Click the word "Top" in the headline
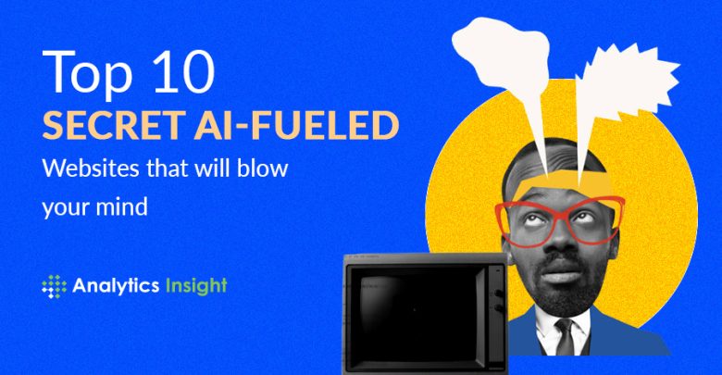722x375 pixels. [x=88, y=74]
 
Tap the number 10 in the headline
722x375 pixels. [x=184, y=71]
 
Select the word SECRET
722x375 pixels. [x=111, y=125]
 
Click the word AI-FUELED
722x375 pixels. [x=296, y=125]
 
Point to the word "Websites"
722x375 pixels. [x=91, y=168]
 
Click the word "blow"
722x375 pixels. [x=263, y=168]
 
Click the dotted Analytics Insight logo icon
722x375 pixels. [x=54, y=286]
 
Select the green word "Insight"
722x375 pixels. [x=196, y=286]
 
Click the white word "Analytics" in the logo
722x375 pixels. [x=116, y=286]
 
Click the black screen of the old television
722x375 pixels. [x=415, y=313]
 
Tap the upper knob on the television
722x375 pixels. [x=498, y=293]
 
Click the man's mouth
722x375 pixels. [x=565, y=271]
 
